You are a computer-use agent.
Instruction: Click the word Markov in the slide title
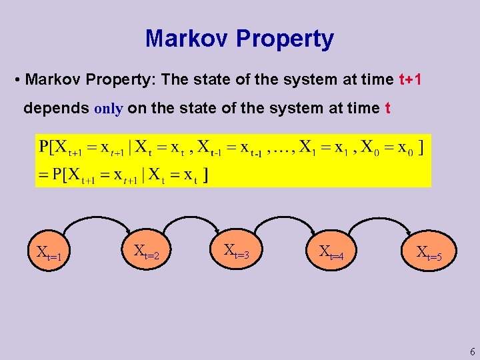[187, 39]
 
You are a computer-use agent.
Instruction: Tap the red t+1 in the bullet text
[410, 80]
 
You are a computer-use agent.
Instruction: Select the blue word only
[109, 109]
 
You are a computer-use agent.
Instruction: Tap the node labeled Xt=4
[331, 251]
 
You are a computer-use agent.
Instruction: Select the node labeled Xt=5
[429, 252]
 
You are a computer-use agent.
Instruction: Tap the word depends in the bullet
[56, 109]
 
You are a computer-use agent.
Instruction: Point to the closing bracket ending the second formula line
[207, 175]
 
